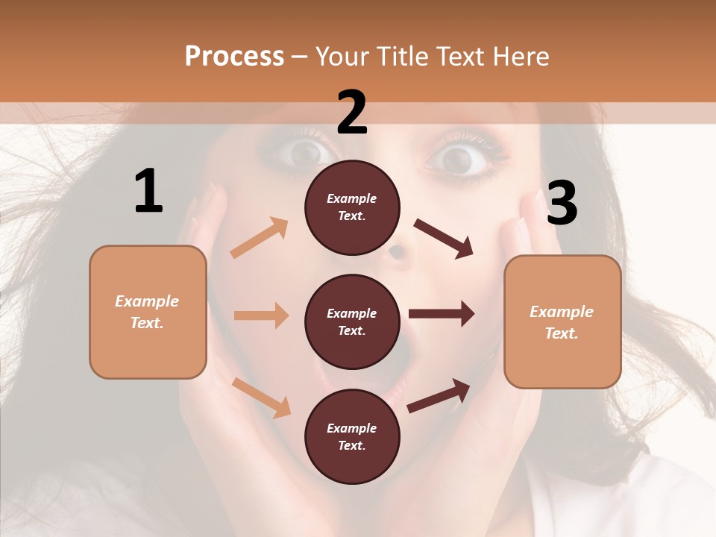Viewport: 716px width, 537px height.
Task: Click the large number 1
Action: pos(148,191)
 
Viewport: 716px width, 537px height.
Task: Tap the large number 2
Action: pos(352,113)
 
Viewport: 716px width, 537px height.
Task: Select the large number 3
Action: pos(562,203)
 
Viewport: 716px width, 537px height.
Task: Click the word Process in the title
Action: pos(234,56)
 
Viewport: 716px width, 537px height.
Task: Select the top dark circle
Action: pos(352,207)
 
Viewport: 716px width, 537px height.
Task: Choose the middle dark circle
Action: pos(352,321)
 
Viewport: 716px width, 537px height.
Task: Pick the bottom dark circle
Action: pos(352,436)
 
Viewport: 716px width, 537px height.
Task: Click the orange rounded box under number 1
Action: pos(148,312)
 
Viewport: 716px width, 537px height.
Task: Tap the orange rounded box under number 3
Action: pos(562,321)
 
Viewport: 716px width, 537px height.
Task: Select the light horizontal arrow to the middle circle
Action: pos(261,315)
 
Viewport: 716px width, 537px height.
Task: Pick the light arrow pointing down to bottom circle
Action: pos(262,397)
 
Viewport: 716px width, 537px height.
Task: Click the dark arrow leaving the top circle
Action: pos(444,239)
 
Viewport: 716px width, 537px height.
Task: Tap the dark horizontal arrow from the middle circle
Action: pos(442,314)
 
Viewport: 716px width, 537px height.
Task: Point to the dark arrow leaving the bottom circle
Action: pos(439,396)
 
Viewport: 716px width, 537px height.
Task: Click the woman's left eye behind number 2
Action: pos(304,153)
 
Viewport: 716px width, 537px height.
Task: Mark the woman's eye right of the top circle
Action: pos(456,158)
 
